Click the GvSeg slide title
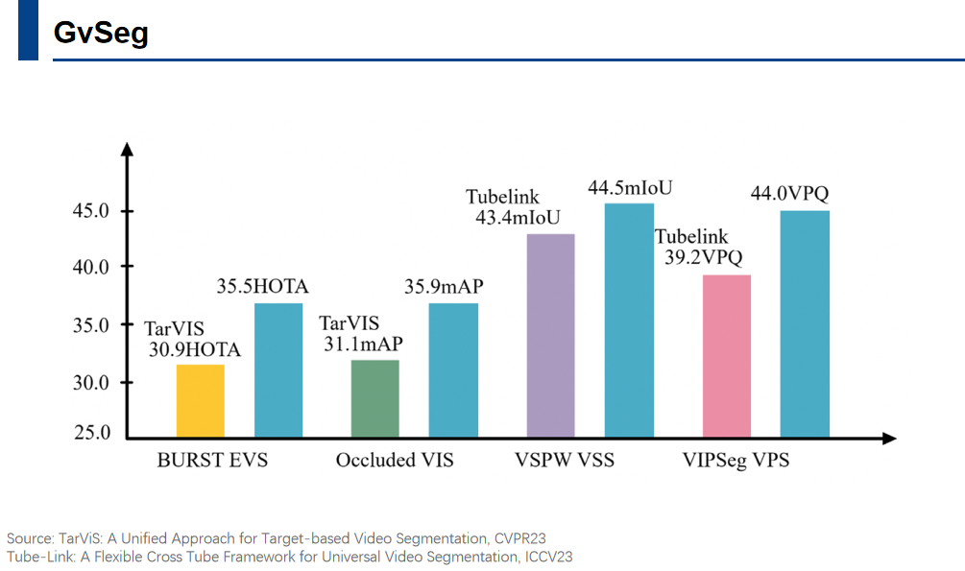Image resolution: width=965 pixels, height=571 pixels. (101, 33)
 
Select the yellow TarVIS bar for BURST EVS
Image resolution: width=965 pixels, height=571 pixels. (200, 401)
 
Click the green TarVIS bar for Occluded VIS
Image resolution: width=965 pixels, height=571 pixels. (375, 399)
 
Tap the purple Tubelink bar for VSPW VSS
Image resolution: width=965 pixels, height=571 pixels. (550, 336)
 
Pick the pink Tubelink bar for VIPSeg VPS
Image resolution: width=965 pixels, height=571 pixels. (727, 357)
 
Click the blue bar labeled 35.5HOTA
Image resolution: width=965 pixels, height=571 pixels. (278, 370)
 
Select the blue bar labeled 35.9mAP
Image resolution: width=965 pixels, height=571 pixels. (453, 370)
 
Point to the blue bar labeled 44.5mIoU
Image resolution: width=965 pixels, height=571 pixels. (629, 321)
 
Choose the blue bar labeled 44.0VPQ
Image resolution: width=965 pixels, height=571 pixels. (805, 324)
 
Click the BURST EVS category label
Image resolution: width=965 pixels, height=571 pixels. (212, 461)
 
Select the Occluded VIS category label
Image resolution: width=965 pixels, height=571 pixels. (395, 461)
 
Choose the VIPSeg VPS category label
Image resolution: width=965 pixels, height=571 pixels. (736, 461)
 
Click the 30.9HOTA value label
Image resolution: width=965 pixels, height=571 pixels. (195, 350)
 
